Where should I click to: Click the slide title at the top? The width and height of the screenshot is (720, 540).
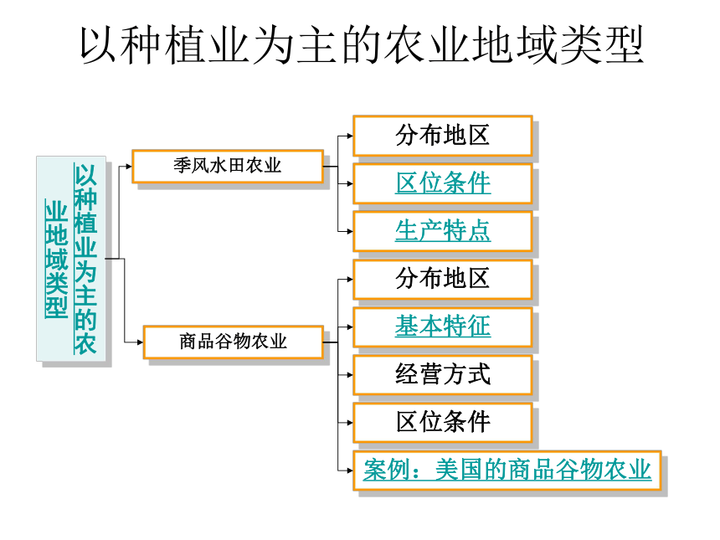click(362, 45)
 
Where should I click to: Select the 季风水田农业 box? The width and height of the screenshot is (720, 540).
click(228, 167)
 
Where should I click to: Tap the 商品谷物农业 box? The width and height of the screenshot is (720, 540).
click(234, 342)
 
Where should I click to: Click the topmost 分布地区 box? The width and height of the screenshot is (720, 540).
click(443, 136)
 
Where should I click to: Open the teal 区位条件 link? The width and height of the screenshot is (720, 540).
click(443, 183)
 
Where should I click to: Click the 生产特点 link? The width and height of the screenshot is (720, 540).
click(443, 231)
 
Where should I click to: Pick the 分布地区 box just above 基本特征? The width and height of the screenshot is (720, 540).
click(443, 279)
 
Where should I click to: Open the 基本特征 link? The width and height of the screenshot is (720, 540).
click(443, 327)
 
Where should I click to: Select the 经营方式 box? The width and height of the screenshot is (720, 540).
click(443, 375)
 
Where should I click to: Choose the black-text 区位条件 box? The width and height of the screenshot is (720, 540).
click(443, 423)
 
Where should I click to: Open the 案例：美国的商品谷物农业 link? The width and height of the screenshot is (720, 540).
click(507, 471)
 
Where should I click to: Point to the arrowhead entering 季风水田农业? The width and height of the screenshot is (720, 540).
click(129, 167)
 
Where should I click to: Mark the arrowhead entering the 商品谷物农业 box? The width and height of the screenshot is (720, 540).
click(140, 342)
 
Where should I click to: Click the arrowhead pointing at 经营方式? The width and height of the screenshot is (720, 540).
click(349, 375)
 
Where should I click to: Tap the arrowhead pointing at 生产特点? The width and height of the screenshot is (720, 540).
click(349, 231)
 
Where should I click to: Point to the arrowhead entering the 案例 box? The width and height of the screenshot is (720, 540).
click(349, 471)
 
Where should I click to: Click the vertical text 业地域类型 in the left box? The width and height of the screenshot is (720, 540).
click(56, 260)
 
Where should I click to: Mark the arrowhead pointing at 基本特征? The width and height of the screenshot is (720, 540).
click(349, 327)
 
